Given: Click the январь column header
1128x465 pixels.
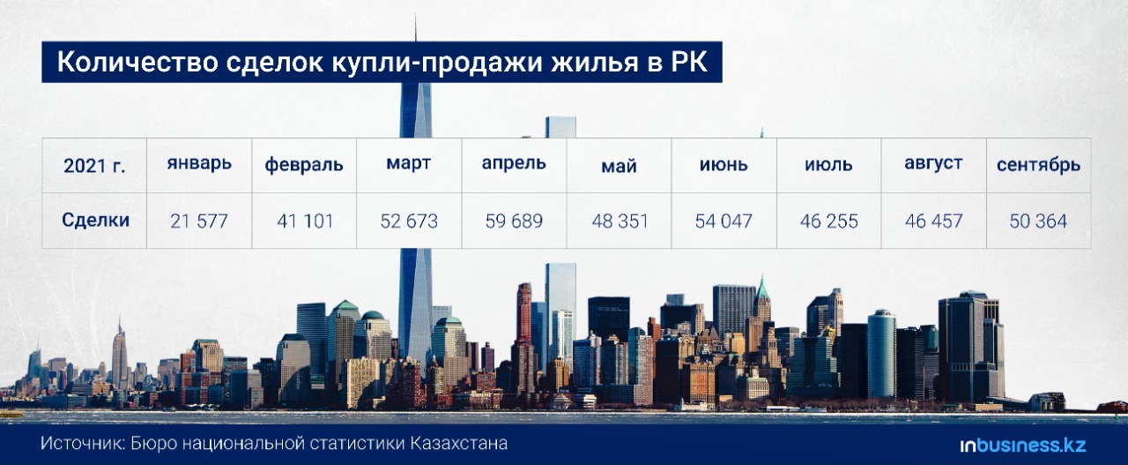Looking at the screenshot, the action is point(199,164).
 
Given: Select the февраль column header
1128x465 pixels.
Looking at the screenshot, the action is point(304,165).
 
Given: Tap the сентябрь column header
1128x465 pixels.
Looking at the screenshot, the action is point(1038,165).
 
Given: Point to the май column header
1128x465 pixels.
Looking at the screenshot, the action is point(619,166).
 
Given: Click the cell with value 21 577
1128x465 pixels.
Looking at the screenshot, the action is point(199,221).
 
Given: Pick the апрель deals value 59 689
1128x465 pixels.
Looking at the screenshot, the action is point(514,221).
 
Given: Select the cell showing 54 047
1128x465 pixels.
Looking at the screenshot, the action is point(724,221).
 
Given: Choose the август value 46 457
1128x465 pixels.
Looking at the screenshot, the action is point(933,221).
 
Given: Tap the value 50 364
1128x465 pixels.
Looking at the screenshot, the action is point(1038,221).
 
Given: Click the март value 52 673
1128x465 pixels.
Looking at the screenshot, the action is point(409,221).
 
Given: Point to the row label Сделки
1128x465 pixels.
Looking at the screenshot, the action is point(96,220).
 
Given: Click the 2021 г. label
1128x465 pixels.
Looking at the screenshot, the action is point(94,165).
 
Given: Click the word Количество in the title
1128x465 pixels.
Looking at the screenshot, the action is point(137,62).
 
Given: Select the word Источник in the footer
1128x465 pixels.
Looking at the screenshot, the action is point(83,443).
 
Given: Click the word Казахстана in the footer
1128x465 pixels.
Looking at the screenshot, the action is point(459,443).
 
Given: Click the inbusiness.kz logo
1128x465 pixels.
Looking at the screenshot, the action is point(1023,446).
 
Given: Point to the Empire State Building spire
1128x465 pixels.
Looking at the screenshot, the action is point(120,326).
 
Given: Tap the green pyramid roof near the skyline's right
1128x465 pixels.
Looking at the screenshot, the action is point(762,288).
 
